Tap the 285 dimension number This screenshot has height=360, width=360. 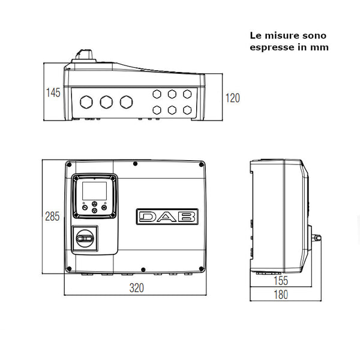53,217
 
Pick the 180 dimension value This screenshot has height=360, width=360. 280,295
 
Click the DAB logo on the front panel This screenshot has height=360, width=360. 166,216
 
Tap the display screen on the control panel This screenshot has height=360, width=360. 94,191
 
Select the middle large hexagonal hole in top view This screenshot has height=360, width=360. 106,102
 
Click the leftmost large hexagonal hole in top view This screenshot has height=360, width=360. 86,102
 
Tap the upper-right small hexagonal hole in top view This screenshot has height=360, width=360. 188,94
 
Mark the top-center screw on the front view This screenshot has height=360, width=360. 135,164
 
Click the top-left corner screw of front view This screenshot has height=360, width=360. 70,164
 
